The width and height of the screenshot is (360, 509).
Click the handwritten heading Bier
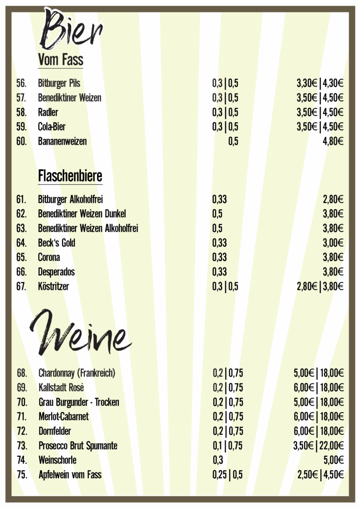point(72,30)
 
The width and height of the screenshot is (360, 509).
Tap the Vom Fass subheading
point(60,60)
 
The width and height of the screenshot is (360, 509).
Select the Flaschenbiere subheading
point(70,176)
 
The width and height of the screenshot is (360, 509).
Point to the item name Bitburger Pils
point(59,83)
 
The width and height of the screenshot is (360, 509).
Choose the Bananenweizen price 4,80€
point(333,141)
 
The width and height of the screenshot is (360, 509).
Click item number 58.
point(21,112)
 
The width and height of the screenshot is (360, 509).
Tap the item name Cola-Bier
point(52,127)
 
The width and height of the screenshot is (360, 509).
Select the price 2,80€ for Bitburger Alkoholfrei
point(333,200)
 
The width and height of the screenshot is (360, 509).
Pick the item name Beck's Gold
point(57,243)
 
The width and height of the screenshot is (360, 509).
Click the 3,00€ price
point(333,243)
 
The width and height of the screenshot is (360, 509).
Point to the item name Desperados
point(56,272)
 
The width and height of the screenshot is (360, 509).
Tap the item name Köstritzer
point(53,286)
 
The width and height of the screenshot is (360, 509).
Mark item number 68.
point(22,373)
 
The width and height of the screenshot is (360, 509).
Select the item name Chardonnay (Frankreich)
point(77,373)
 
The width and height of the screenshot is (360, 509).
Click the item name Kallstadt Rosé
point(61,387)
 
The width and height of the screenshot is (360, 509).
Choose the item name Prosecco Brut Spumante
point(78,446)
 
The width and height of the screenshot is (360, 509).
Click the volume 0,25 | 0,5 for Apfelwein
point(228,475)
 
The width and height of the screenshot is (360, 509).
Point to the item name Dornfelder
point(55,431)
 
